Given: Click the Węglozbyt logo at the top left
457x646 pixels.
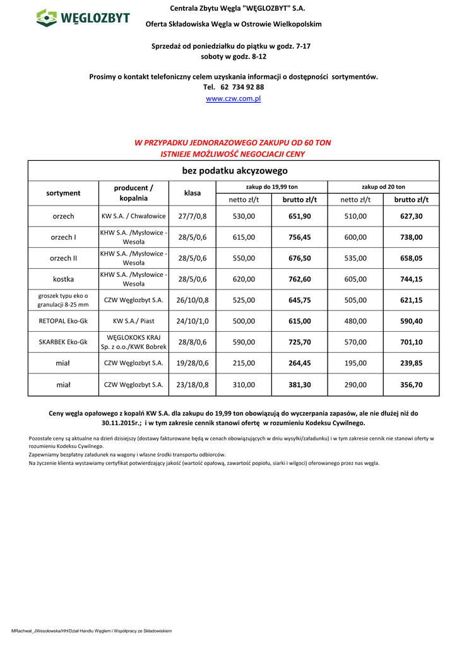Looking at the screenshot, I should click(x=83, y=18).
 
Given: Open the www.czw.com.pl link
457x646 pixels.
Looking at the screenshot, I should click(x=233, y=99).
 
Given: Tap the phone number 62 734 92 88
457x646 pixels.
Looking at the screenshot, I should click(x=242, y=87).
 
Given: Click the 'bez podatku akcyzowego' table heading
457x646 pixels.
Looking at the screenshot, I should click(x=234, y=171).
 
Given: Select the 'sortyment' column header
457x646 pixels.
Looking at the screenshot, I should click(x=63, y=193).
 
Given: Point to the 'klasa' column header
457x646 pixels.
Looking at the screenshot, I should click(x=193, y=193).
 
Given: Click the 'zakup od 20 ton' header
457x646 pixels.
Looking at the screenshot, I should click(x=383, y=187).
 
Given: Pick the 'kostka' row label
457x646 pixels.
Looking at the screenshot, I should click(x=63, y=279).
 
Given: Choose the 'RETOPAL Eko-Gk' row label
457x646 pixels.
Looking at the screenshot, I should click(x=63, y=321).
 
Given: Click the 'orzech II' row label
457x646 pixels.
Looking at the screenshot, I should click(x=63, y=258).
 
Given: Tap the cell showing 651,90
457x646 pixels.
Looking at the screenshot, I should click(x=300, y=216).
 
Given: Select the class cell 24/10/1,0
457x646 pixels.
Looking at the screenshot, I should click(x=193, y=321).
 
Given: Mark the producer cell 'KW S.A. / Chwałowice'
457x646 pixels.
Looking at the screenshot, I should click(x=134, y=216).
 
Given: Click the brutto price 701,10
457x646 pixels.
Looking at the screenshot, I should click(x=412, y=342).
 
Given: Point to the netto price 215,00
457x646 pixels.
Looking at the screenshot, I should click(x=244, y=363).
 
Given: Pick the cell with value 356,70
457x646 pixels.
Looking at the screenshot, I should click(x=412, y=384).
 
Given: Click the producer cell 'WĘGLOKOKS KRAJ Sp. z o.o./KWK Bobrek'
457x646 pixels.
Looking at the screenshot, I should click(x=134, y=342).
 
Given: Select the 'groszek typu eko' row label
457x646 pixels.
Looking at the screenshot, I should click(x=63, y=300).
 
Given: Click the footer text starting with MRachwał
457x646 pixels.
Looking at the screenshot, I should click(x=92, y=631).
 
